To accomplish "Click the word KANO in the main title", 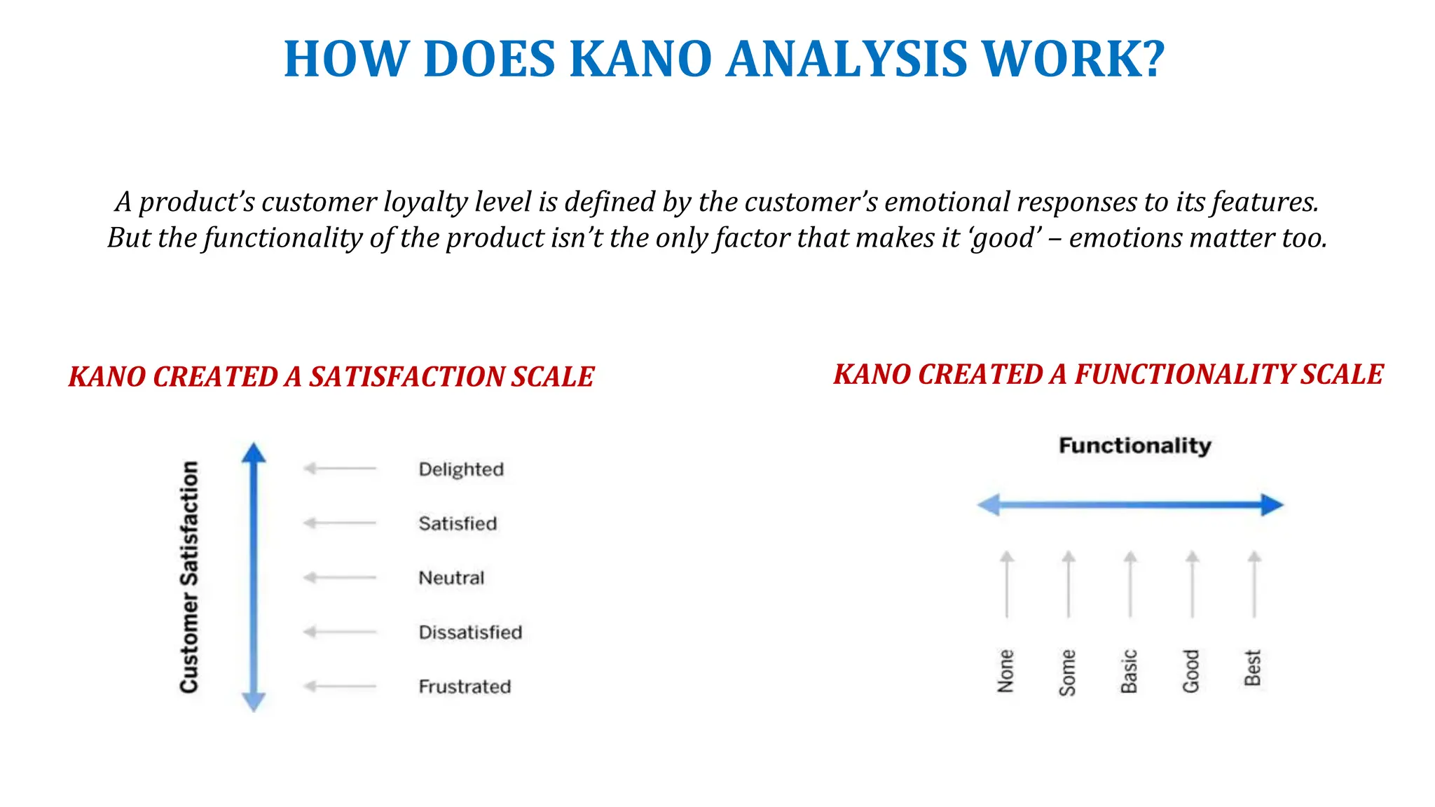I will pos(640,59).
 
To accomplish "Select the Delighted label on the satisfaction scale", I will pos(461,469).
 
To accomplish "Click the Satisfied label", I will pos(458,524).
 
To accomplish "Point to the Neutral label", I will pos(451,578).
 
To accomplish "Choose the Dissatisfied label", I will pos(470,633).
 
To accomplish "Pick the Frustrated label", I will pos(465,687).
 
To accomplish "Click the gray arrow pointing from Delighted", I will pos(340,468).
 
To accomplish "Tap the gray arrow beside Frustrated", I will pos(340,686).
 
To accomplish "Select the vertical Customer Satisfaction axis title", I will pos(189,577).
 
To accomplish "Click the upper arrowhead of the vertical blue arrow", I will pos(254,453).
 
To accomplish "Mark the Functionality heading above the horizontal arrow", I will pos(1134,446).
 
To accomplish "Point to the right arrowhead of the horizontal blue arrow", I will pos(1271,504).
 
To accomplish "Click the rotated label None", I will pos(1006,671).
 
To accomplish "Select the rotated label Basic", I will pos(1130,671).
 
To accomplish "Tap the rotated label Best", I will pos(1253,668).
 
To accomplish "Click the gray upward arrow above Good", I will pos(1192,584).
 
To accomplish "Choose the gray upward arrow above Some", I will pos(1069,584).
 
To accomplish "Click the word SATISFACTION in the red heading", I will pos(406,377).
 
